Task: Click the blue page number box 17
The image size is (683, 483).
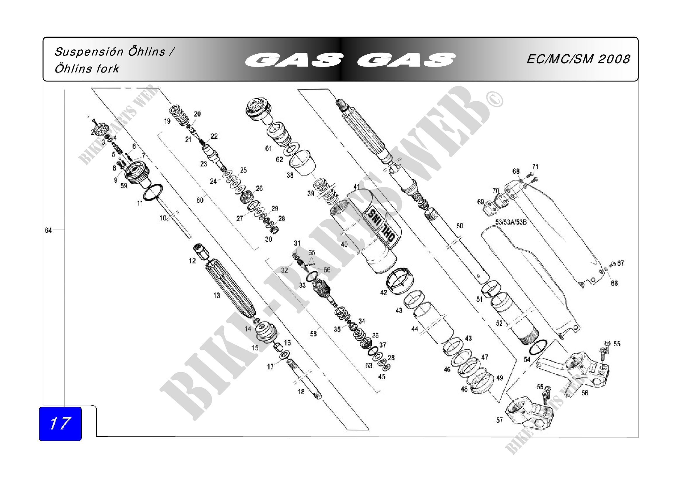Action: [60, 423]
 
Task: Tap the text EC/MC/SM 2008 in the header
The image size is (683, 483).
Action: [578, 59]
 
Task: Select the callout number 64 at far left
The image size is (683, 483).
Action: [48, 230]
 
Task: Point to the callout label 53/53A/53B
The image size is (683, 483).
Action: [511, 222]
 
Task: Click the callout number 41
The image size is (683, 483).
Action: [356, 187]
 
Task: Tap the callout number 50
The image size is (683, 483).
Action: [460, 226]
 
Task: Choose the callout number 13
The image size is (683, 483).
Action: [217, 295]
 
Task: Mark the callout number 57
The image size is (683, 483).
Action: [499, 420]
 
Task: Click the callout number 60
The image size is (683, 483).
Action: [200, 200]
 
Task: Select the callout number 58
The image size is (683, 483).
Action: [313, 334]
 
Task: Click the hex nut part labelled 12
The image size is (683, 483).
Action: [201, 251]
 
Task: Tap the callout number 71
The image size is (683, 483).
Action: [535, 167]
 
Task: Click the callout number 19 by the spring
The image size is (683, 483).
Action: [167, 121]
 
